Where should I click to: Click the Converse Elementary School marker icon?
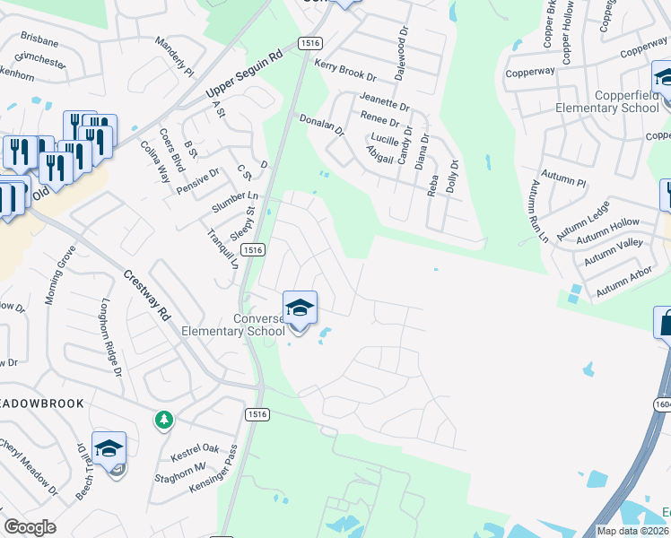click(x=301, y=309)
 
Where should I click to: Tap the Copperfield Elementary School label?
click(x=607, y=101)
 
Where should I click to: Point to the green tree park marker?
click(x=163, y=420)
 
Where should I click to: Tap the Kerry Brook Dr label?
click(x=345, y=70)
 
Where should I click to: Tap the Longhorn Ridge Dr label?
click(x=110, y=336)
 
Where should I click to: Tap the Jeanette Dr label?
click(x=384, y=101)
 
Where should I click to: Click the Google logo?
click(x=30, y=527)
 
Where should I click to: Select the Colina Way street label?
click(x=154, y=166)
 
